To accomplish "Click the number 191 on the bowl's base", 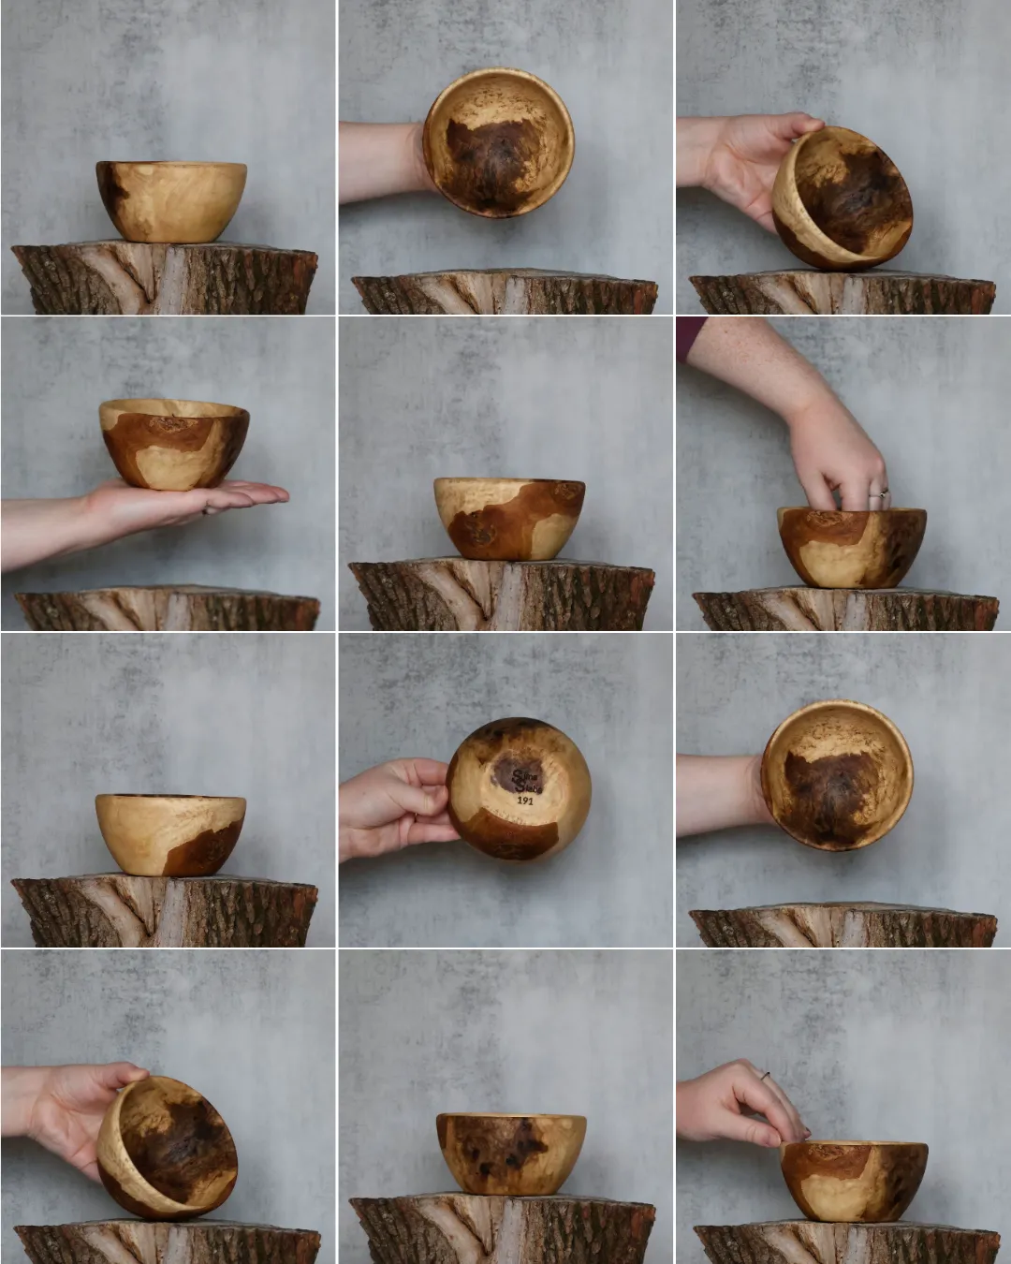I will (525, 801).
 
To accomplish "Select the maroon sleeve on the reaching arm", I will (691, 337).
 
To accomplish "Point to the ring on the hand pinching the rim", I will (765, 1076).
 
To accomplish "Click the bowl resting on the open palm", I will (174, 444).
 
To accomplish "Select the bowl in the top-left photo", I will (171, 200).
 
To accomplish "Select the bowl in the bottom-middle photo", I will (511, 1154).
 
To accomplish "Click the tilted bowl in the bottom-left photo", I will (168, 1148).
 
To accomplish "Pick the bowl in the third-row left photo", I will (170, 834).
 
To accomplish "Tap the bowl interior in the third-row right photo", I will (836, 778).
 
